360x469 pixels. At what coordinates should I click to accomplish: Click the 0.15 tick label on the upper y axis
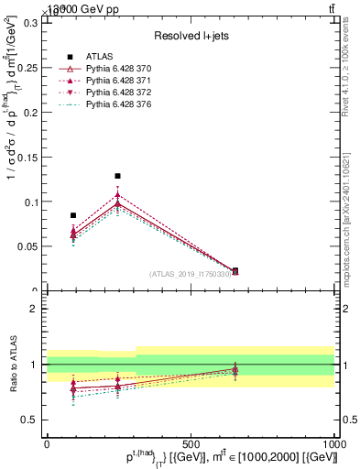[x=29, y=157]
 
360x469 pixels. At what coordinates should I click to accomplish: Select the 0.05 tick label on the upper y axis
[x=29, y=246]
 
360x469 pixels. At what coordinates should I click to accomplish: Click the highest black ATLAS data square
[x=117, y=176]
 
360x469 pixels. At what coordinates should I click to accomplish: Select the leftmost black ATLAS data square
[x=73, y=215]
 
